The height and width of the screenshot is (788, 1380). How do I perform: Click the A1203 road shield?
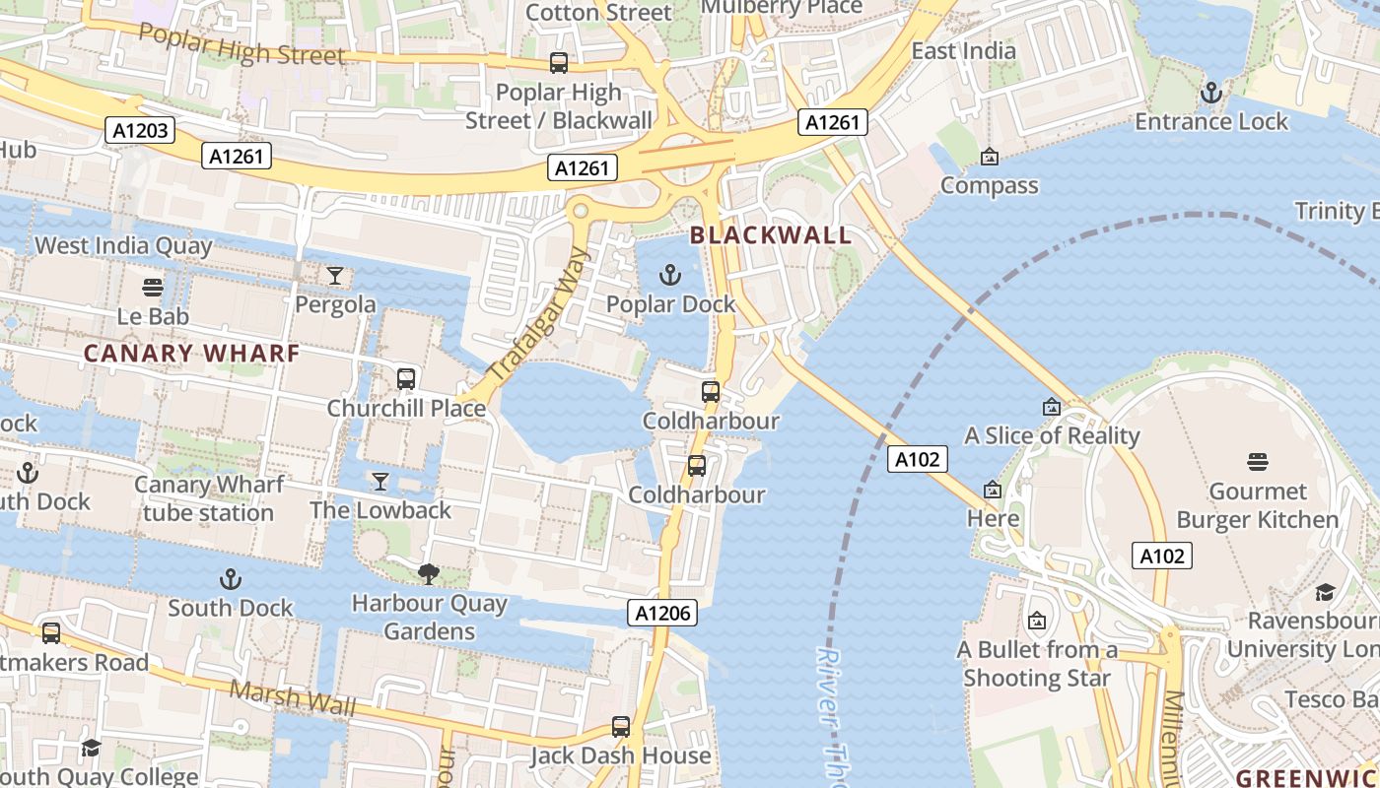(140, 129)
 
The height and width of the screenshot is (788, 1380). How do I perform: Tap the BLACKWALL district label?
(770, 235)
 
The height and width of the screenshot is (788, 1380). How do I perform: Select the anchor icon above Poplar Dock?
(670, 275)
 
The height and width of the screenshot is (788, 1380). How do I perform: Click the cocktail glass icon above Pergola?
(335, 276)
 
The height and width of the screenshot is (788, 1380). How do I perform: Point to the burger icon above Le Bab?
(153, 288)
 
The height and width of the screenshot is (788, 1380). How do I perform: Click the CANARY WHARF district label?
(191, 353)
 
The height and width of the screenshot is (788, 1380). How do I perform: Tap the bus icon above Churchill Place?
(405, 378)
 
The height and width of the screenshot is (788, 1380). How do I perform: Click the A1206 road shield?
(662, 613)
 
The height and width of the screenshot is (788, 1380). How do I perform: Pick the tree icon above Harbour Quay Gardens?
(429, 573)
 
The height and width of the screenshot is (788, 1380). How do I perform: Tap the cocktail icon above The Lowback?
(380, 481)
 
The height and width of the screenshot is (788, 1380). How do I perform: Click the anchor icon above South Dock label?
(231, 578)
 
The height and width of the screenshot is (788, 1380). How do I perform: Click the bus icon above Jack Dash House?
(621, 727)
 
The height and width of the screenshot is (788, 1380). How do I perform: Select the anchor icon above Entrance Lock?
(1211, 93)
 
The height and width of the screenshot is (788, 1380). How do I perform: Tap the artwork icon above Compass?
(989, 157)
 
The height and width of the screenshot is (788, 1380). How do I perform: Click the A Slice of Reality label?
(1052, 435)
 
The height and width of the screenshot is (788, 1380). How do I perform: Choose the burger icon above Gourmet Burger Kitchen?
(1258, 462)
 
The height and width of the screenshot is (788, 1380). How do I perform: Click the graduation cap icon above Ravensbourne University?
(1325, 592)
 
